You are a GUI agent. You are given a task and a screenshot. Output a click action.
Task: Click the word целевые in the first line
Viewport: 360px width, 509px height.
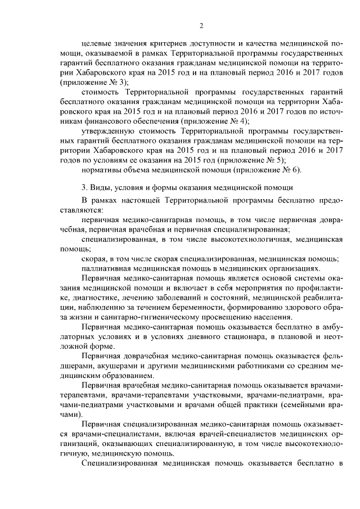point(96,43)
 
